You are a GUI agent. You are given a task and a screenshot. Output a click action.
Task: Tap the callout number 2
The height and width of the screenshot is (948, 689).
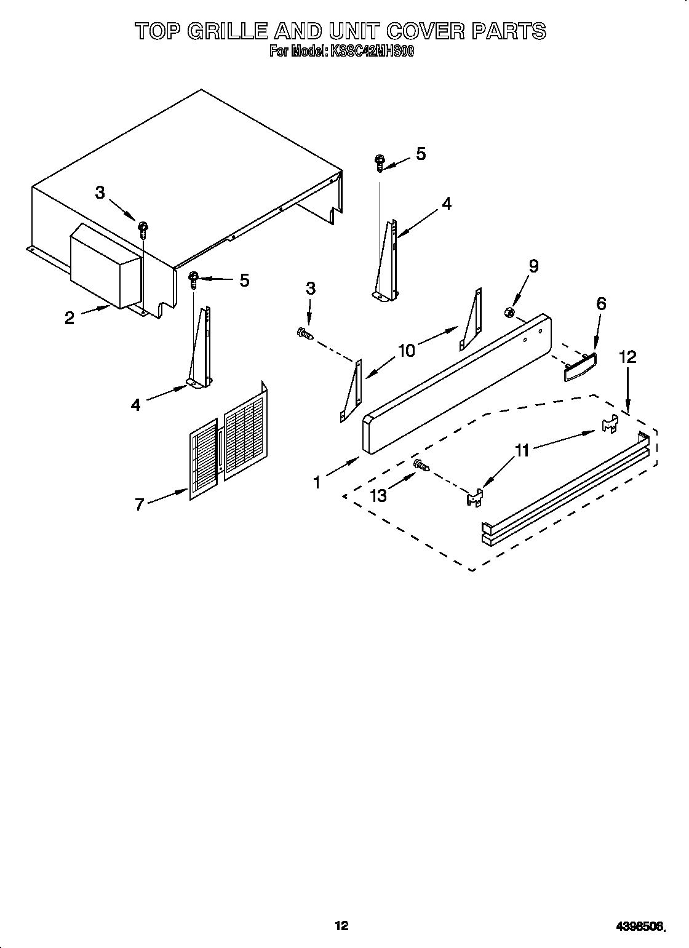(x=70, y=317)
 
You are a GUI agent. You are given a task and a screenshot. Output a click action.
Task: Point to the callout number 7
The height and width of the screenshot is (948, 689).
(x=140, y=504)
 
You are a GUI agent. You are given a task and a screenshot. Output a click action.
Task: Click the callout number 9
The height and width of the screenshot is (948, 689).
(x=533, y=266)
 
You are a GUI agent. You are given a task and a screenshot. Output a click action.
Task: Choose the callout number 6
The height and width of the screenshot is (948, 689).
(x=600, y=303)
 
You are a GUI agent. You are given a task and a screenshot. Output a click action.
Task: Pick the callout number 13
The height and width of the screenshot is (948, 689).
(x=379, y=495)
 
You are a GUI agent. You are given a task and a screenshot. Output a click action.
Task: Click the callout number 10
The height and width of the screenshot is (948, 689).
(x=407, y=350)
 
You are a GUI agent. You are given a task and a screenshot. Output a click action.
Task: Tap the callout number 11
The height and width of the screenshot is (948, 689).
(x=522, y=451)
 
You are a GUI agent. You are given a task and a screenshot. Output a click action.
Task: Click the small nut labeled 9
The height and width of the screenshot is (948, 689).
(x=509, y=313)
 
